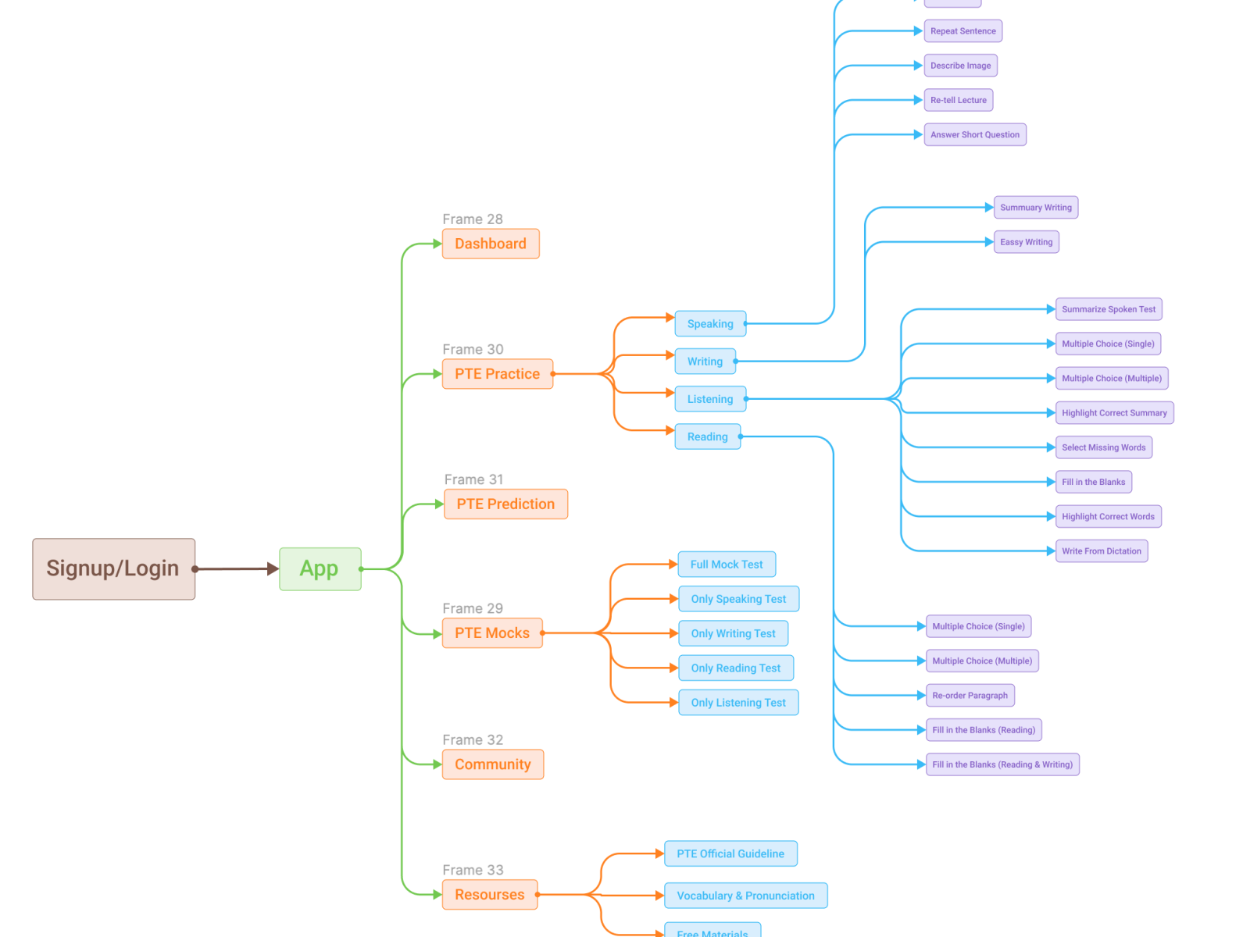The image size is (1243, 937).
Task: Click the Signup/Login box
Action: point(113,568)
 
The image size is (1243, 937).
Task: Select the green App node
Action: point(320,568)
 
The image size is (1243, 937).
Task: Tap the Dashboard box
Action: point(491,244)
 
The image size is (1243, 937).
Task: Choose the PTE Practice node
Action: point(497,374)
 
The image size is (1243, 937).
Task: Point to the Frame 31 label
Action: point(473,479)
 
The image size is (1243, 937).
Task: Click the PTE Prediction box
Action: point(505,504)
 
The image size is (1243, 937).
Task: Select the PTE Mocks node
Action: point(492,633)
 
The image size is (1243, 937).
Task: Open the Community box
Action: point(493,764)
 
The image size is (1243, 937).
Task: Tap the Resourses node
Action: point(490,895)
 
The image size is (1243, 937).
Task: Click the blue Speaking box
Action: point(710,324)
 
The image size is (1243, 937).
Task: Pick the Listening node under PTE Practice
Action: point(710,399)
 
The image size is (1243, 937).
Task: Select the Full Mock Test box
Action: point(727,565)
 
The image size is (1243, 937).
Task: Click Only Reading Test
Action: point(736,668)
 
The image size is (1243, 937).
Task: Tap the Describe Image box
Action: point(960,66)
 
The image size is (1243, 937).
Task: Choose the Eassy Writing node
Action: point(1026,242)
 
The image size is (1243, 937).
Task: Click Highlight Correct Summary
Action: point(1114,413)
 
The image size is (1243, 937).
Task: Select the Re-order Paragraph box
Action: point(970,696)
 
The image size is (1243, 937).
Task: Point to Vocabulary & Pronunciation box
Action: point(745,896)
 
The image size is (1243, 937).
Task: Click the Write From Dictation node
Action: point(1101,551)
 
